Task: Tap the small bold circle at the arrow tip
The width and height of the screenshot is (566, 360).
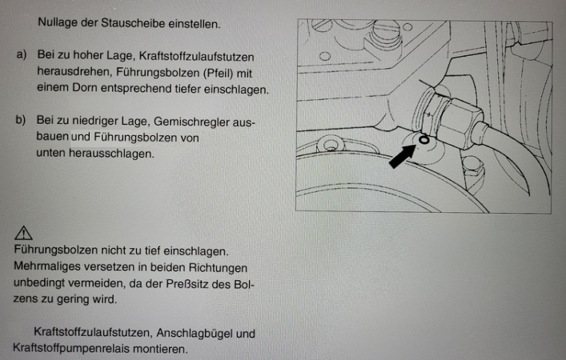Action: pyautogui.click(x=423, y=140)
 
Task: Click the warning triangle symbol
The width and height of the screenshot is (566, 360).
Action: pyautogui.click(x=23, y=233)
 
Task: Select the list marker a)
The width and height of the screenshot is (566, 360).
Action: pyautogui.click(x=21, y=56)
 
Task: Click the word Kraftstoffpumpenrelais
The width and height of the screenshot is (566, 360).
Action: pyautogui.click(x=71, y=349)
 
